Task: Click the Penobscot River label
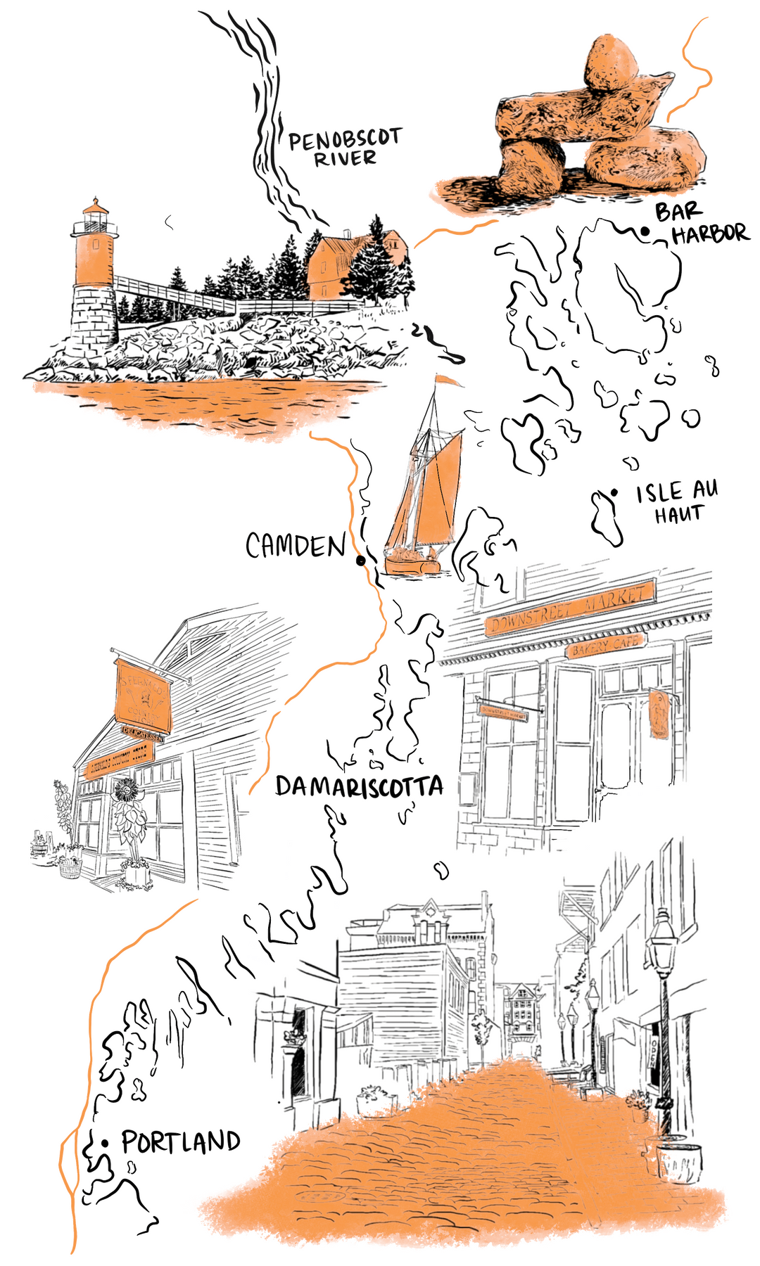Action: pos(345,148)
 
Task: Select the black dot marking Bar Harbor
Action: pos(645,231)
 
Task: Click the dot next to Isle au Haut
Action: pos(614,492)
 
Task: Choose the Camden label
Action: pos(296,545)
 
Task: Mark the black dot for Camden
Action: pos(361,561)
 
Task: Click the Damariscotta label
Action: pos(359,786)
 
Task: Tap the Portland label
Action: pos(181,1142)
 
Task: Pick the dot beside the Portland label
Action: pos(105,1144)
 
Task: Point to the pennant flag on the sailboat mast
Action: pos(448,381)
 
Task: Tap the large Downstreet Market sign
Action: pos(570,608)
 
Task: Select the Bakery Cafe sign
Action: pos(606,645)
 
